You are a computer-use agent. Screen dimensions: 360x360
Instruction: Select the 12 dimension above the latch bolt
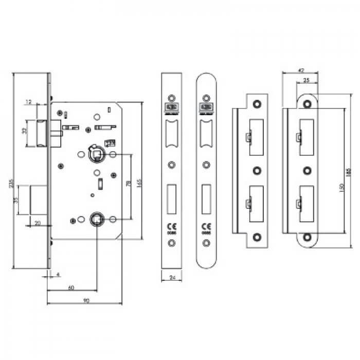pos(30,102)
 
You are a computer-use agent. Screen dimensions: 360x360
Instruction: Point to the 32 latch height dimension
pos(24,131)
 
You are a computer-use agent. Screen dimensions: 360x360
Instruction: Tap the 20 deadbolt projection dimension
pos(38,223)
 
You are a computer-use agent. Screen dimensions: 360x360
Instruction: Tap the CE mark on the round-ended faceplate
pos(206,226)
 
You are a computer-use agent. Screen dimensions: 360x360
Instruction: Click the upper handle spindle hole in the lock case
pos(96,153)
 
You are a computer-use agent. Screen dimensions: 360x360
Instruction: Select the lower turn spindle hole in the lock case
pos(96,219)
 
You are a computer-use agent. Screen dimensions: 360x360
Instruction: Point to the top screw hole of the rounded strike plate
pos(307,103)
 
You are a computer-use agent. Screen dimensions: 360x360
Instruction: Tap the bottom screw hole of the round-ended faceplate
pos(206,250)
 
